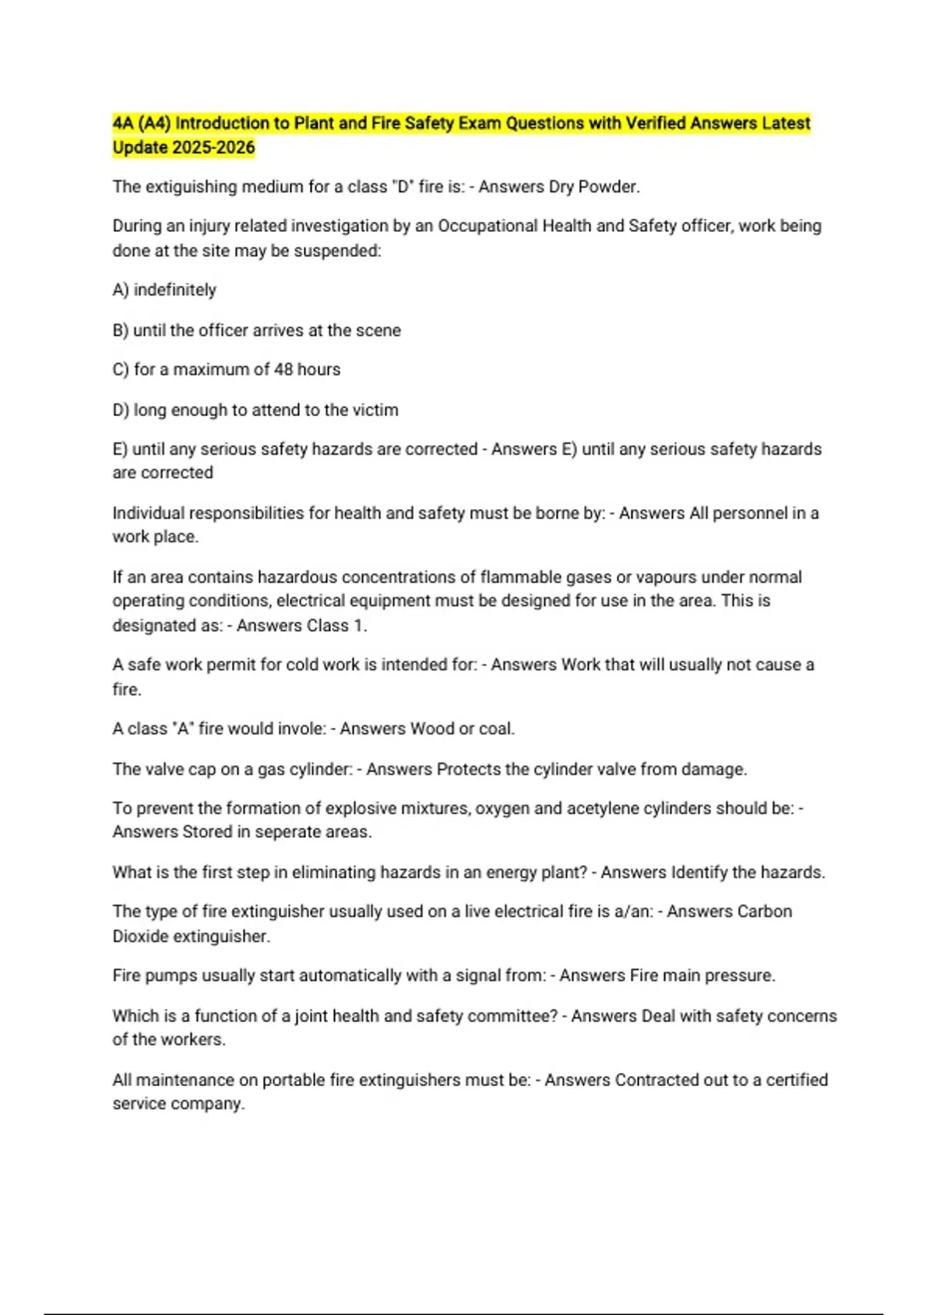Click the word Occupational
point(487,226)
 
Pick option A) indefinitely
point(164,290)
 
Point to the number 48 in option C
point(283,370)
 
